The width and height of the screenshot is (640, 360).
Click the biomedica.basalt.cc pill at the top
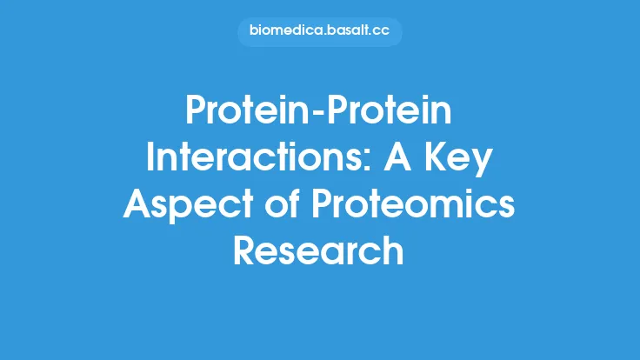click(x=319, y=32)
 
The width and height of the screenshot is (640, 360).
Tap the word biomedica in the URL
click(x=283, y=32)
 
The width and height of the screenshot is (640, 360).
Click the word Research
click(x=319, y=252)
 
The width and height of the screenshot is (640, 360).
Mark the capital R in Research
click(x=246, y=252)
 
